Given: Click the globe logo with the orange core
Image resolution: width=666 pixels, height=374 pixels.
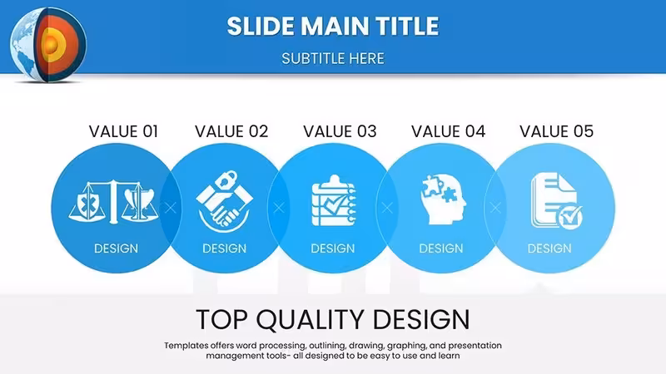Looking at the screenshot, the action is (x=48, y=44).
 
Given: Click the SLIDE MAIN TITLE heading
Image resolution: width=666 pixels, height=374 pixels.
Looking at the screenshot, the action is (x=332, y=27).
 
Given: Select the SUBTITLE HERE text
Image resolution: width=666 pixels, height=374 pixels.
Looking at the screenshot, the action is (x=332, y=58).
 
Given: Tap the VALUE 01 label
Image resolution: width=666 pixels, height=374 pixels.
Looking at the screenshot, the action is (x=123, y=131).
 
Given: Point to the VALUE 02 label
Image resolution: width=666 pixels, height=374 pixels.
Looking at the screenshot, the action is (x=231, y=131).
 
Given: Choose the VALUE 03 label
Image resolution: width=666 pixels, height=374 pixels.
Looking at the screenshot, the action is (x=340, y=131).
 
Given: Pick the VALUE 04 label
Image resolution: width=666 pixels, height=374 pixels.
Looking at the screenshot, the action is (x=448, y=131).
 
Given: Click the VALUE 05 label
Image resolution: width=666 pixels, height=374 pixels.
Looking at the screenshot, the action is (x=556, y=131).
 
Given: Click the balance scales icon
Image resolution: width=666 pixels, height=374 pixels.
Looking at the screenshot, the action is (x=113, y=202).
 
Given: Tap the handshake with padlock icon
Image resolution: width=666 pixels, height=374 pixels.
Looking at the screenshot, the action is (x=224, y=201).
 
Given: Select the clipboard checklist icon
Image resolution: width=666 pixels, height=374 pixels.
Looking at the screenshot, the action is (x=334, y=200).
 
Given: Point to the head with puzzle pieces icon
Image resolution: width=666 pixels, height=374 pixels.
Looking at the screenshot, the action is (x=443, y=199).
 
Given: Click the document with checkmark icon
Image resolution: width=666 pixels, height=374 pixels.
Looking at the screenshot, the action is (x=556, y=201).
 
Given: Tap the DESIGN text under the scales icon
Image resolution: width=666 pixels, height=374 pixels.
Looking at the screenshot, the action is (x=116, y=249).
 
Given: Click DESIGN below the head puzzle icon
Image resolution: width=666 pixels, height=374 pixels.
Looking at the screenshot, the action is (x=441, y=249).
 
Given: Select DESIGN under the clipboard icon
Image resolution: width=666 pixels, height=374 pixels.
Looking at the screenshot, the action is (x=332, y=249).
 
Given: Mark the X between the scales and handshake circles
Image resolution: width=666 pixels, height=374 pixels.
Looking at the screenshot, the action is (x=171, y=208).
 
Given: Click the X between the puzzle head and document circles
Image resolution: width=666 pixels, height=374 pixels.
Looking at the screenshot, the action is (x=495, y=208).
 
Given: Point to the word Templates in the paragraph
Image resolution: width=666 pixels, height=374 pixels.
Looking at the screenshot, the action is (x=186, y=346).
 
